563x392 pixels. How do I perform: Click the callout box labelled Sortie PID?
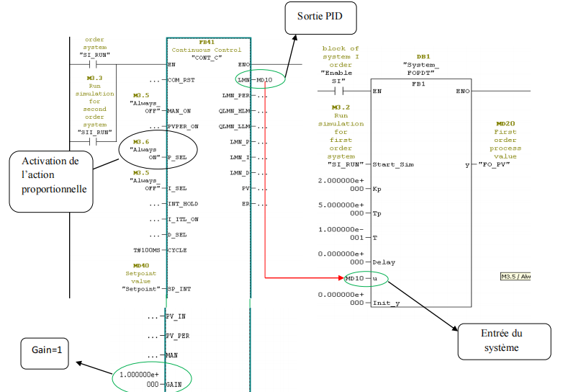click(322, 16)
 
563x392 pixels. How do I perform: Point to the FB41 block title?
click(207, 42)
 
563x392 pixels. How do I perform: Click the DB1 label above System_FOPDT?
click(423, 55)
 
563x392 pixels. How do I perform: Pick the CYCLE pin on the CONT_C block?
click(176, 250)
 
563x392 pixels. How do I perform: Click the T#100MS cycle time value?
click(149, 250)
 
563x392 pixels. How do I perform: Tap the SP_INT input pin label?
click(180, 288)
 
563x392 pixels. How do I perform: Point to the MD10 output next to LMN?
click(264, 80)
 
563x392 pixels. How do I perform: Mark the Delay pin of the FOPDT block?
click(384, 262)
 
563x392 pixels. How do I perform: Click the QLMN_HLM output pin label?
click(235, 110)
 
